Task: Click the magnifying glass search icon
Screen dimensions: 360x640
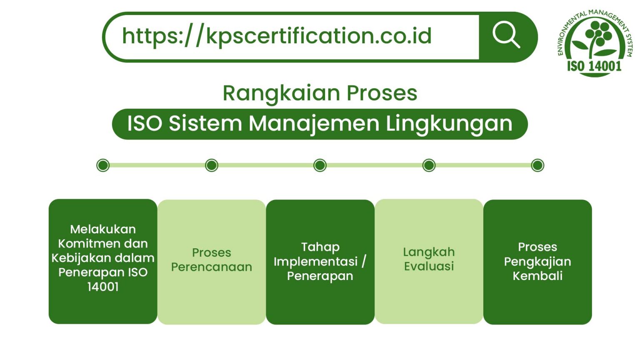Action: [506, 35]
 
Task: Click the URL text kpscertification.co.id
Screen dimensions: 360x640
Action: [277, 36]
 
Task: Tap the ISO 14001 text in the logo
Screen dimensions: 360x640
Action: [594, 66]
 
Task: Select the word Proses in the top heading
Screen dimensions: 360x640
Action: [382, 93]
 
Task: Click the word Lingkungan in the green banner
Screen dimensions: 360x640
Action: [449, 124]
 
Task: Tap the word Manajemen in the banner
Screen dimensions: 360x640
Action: [314, 124]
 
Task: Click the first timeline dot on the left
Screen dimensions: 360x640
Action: [103, 165]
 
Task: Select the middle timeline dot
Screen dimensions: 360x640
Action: [320, 165]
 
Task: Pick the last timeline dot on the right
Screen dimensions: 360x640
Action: [537, 165]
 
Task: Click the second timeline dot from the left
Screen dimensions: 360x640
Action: [212, 165]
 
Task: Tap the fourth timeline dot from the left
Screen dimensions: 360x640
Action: [429, 165]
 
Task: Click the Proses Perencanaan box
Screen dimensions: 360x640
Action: [212, 262]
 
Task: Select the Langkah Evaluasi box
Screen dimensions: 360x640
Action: [429, 261]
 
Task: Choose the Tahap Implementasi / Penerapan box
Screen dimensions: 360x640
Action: [320, 262]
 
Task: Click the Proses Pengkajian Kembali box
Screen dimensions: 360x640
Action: [537, 262]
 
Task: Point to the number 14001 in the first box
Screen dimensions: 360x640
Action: [103, 287]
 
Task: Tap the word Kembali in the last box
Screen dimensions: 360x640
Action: [537, 276]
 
